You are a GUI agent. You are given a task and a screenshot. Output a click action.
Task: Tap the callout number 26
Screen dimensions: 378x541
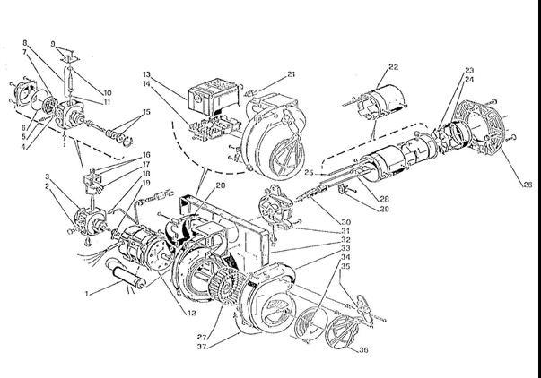528,184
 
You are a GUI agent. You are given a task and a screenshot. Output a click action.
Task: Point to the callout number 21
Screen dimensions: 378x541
292,73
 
